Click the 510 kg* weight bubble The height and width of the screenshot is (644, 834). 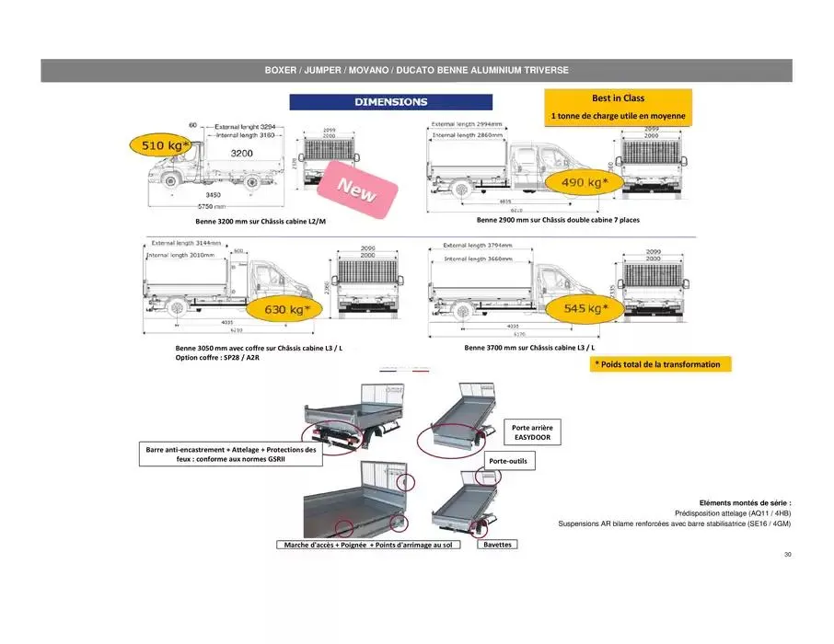click(162, 145)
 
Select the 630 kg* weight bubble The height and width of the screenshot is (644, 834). click(287, 310)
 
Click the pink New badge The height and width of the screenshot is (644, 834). click(356, 189)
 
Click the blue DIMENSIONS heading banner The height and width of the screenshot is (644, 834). click(390, 102)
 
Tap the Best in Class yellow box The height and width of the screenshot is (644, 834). click(618, 107)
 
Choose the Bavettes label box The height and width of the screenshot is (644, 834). click(497, 545)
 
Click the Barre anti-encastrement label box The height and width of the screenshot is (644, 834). click(231, 454)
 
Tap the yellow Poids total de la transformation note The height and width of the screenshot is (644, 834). click(657, 364)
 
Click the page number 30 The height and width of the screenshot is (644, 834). click(787, 555)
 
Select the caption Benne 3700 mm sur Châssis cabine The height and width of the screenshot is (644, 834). click(529, 349)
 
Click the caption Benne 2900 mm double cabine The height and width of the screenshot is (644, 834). click(558, 221)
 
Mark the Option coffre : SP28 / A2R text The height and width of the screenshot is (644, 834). click(216, 358)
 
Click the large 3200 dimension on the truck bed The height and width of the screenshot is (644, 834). click(242, 154)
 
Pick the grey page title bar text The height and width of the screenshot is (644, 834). click(416, 70)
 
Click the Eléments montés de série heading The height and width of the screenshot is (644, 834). click(745, 502)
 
